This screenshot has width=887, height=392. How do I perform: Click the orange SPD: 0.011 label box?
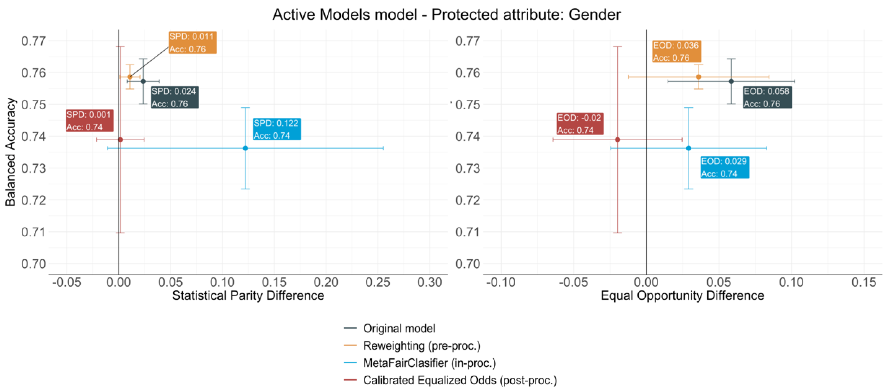coord(192,43)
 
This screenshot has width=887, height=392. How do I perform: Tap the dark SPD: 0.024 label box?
coord(175,97)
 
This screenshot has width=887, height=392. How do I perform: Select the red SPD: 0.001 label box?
coord(89,120)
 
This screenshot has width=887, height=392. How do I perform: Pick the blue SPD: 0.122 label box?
coord(277,129)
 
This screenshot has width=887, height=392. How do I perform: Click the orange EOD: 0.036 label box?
coord(677,52)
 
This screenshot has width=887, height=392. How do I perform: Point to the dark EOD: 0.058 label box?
coord(767,97)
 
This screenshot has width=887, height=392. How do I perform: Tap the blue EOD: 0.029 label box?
coord(725,167)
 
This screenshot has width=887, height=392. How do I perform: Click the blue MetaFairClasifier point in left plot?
coord(245,148)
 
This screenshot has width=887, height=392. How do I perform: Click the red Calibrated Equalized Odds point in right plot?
coord(617,140)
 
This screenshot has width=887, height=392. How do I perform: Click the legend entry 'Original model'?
coord(399,328)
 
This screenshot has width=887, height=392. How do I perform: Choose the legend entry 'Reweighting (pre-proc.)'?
coord(421,345)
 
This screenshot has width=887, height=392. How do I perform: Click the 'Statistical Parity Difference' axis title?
coord(248,296)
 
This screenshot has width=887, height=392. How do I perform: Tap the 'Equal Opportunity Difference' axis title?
coord(682,296)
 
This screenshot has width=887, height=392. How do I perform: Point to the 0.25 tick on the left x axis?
coord(378,282)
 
